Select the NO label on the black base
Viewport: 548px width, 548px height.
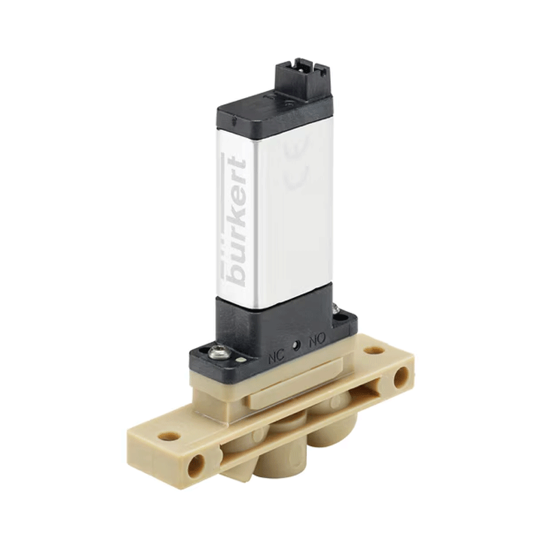317,339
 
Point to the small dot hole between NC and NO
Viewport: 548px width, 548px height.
297,345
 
